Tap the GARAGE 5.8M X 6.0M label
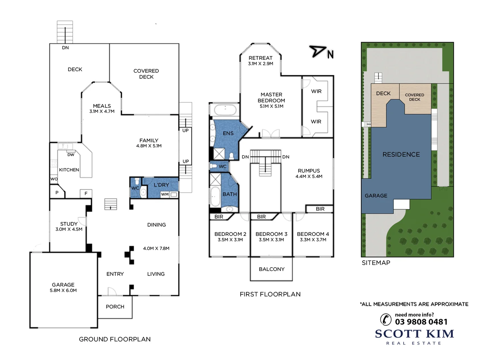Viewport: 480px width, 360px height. click(x=63, y=287)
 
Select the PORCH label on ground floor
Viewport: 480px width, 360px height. click(x=115, y=307)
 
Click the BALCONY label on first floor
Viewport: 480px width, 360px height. click(x=272, y=269)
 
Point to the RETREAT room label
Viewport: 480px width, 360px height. click(x=260, y=58)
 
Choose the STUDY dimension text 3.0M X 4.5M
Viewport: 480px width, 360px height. click(x=69, y=229)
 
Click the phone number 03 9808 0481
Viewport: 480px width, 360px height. click(x=421, y=322)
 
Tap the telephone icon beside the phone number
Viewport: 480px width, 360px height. click(x=386, y=319)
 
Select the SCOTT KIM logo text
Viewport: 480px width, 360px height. click(x=414, y=334)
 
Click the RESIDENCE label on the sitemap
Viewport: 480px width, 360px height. click(x=401, y=155)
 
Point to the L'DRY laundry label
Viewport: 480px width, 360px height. click(x=161, y=185)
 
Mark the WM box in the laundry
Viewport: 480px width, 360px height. click(x=165, y=194)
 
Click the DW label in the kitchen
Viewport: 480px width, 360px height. click(x=71, y=155)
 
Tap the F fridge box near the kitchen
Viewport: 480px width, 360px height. click(x=86, y=193)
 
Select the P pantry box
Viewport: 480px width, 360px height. click(x=57, y=193)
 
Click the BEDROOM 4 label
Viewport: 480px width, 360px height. click(x=313, y=234)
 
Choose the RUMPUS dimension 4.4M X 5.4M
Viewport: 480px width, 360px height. click(x=309, y=177)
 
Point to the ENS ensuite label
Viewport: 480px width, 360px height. click(x=228, y=133)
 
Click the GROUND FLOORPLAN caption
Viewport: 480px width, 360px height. click(x=115, y=339)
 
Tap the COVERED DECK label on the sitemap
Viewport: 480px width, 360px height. click(x=414, y=97)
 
